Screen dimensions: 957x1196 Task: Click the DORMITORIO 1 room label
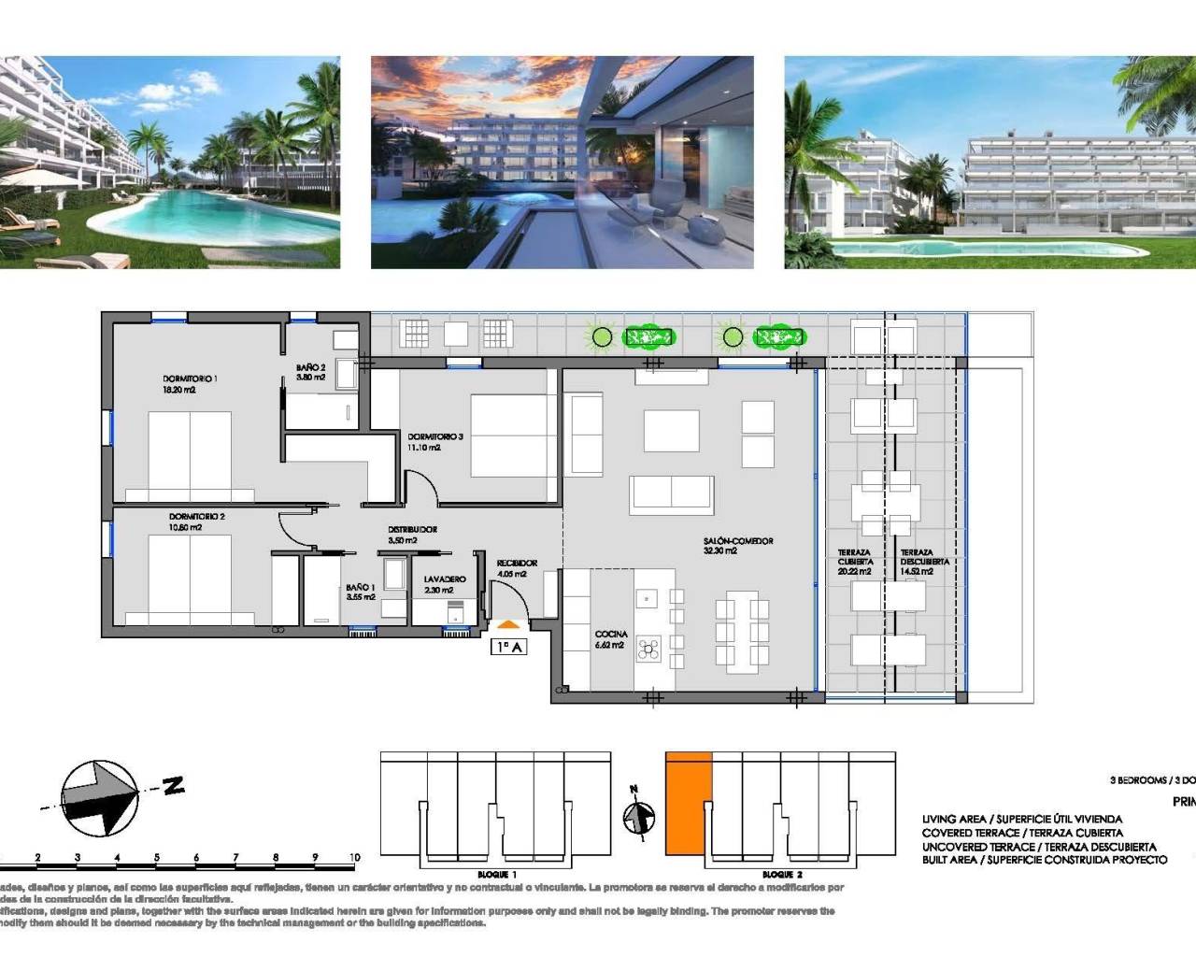click(190, 379)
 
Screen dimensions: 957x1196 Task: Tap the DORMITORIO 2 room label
click(196, 516)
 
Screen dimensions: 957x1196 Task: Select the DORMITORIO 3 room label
click(434, 436)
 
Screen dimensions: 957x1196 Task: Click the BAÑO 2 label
click(310, 368)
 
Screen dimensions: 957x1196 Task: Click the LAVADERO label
click(444, 579)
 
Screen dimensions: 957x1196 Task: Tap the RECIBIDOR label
click(517, 563)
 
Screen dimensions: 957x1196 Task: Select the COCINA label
click(611, 635)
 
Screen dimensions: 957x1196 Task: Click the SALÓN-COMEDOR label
click(738, 541)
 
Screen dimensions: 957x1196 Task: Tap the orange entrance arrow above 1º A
click(508, 624)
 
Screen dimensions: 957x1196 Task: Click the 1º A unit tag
click(508, 646)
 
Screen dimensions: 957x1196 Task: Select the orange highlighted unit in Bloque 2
click(689, 804)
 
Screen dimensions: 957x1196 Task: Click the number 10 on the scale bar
click(354, 857)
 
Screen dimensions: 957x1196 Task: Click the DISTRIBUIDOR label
click(412, 530)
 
